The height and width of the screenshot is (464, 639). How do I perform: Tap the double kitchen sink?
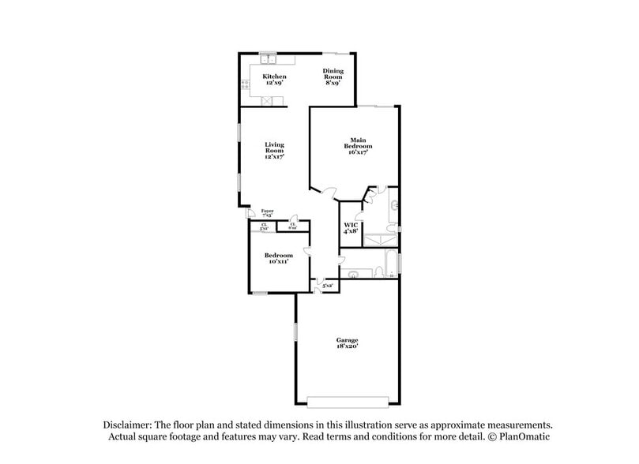269,58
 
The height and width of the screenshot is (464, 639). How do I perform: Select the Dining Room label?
333,75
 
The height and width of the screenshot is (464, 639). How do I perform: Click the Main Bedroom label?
359,143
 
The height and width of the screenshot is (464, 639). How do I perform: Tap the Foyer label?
268,211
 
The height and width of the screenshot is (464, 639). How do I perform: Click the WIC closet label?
351,225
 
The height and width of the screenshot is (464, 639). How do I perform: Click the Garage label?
348,340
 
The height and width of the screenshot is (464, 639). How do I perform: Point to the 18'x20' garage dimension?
348,346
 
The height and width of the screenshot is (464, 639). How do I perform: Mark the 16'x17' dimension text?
359,152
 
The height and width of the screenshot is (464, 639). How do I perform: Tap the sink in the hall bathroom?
355,274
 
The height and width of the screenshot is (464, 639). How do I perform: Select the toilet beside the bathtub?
378,273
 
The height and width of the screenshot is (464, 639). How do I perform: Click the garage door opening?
348,399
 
